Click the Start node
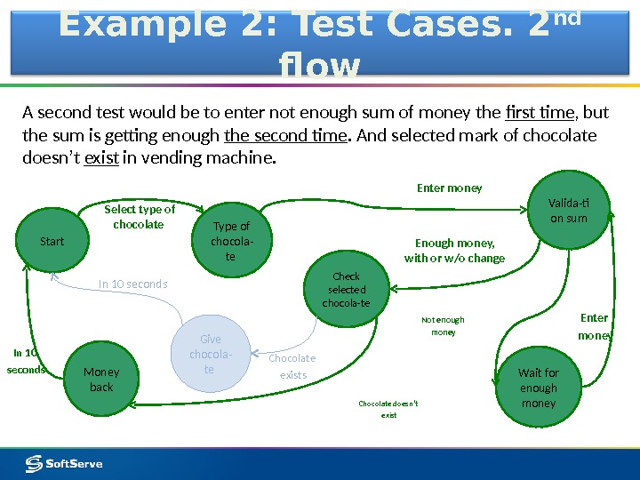(x=52, y=241)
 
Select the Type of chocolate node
(x=231, y=242)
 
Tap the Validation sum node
(x=569, y=211)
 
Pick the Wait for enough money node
(x=538, y=388)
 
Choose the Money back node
(x=101, y=380)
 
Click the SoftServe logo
(x=64, y=463)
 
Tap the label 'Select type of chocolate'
(x=140, y=217)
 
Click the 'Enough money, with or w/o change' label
(x=454, y=251)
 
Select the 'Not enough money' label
(x=443, y=325)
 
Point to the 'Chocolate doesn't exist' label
(x=388, y=409)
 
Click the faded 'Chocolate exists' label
(x=292, y=366)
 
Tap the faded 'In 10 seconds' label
(x=132, y=284)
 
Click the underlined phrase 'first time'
(x=540, y=113)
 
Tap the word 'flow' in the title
(x=319, y=67)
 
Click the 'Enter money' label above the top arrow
(x=450, y=188)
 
